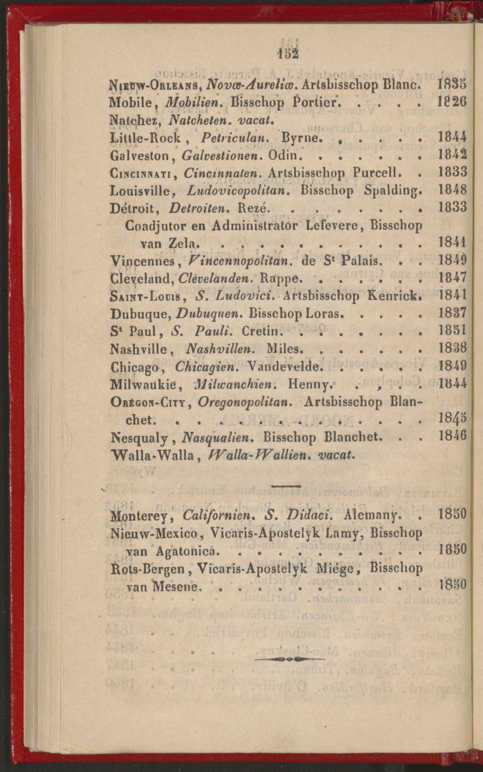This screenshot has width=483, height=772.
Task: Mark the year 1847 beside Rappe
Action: pyautogui.click(x=452, y=279)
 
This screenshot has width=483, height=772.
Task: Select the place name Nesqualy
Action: pyautogui.click(x=139, y=437)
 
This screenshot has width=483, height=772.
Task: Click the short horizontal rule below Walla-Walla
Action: pyautogui.click(x=286, y=486)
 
